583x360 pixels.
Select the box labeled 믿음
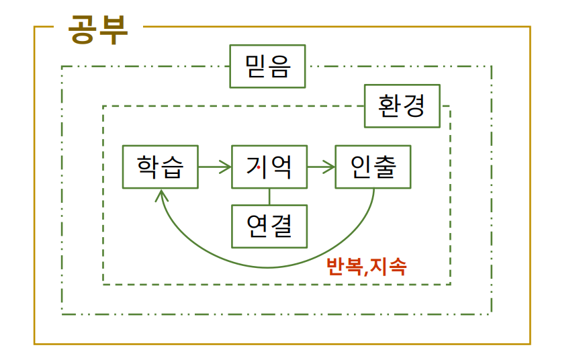point(267,66)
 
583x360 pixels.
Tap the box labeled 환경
point(402,105)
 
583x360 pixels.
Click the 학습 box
point(161,167)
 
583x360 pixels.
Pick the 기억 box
point(269,167)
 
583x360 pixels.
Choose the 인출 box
point(373,167)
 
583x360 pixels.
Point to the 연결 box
point(269,226)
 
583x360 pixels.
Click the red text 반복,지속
point(366,266)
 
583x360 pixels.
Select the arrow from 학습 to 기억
point(215,167)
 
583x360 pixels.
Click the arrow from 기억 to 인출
point(321,167)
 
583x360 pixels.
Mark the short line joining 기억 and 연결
point(269,196)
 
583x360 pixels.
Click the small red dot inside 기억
point(259,169)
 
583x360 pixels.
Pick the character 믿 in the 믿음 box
point(255,66)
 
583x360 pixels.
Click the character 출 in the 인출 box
point(386,167)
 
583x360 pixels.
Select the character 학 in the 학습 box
point(148,167)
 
